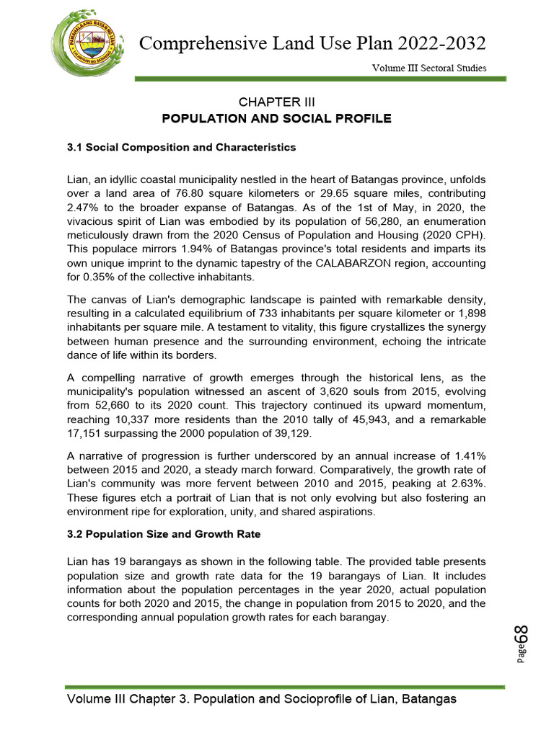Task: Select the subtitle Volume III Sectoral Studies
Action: click(x=428, y=68)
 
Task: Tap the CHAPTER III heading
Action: click(x=276, y=102)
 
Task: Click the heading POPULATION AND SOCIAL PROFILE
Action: click(x=276, y=118)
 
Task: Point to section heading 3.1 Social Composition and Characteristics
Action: click(x=181, y=147)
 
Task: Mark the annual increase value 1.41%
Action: click(x=469, y=455)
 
